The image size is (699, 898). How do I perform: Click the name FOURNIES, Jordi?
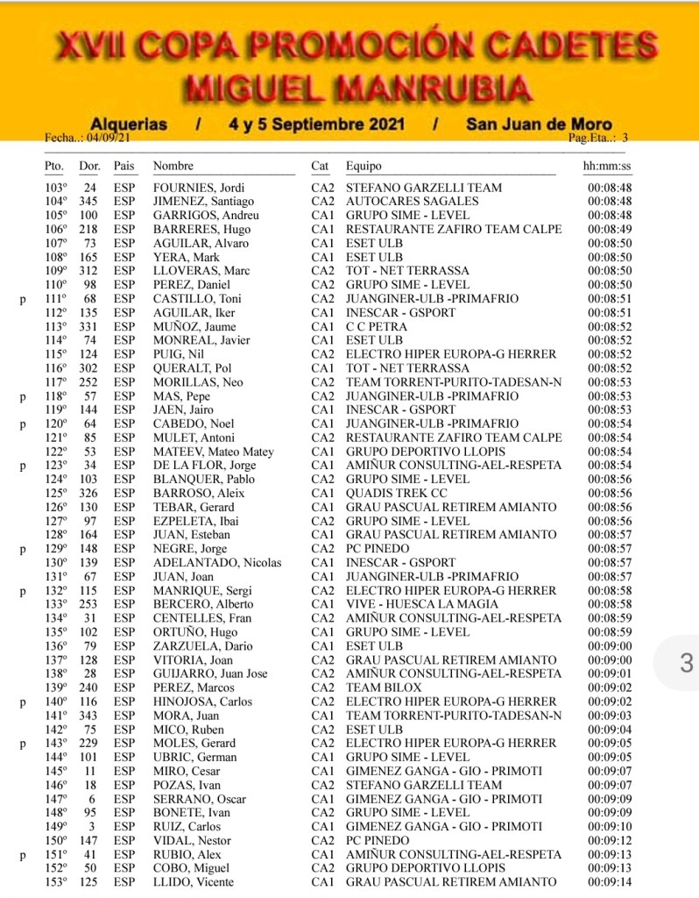point(198,188)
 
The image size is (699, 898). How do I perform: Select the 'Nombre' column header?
point(173,166)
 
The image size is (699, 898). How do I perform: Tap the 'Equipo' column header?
point(364,166)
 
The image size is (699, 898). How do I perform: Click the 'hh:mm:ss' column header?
point(607,166)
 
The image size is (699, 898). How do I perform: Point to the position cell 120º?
point(56,424)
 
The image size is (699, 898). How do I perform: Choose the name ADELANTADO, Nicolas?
point(205,562)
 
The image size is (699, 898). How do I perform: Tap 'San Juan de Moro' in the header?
point(539,125)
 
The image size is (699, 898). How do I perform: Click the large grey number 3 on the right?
point(687,664)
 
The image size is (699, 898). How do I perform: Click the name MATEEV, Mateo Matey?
point(213,452)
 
